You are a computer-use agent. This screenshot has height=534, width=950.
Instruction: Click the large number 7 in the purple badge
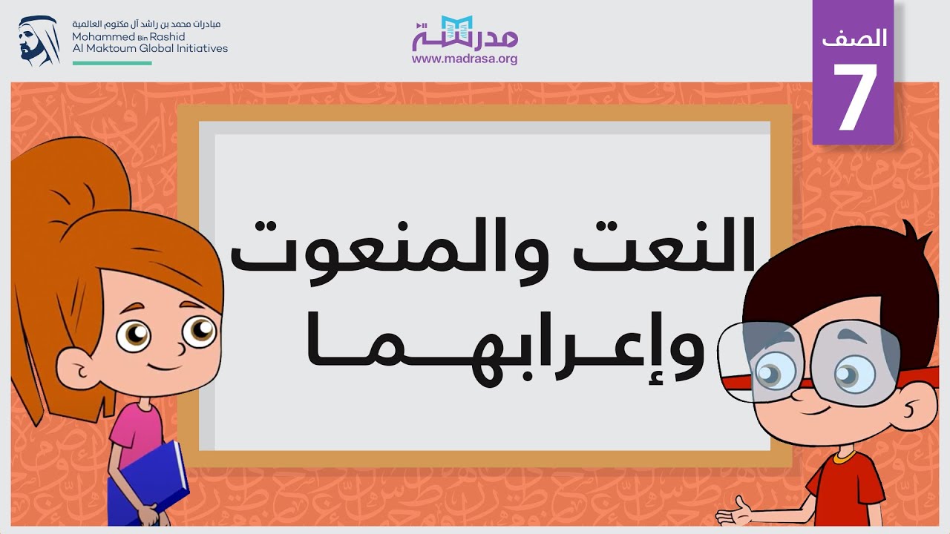pos(854,98)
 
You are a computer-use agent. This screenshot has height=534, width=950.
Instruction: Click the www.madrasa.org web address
pos(465,59)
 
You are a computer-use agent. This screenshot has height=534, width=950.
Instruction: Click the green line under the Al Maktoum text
pos(112,63)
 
